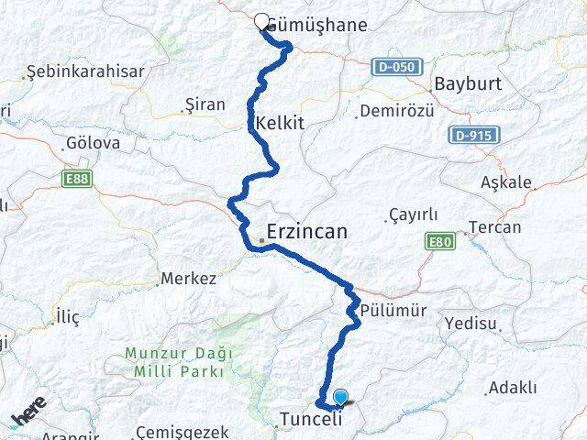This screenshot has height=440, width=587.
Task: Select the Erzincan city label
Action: (x=306, y=232)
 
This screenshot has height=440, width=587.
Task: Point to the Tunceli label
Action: (x=309, y=420)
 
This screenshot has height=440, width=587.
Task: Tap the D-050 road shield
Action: (x=397, y=67)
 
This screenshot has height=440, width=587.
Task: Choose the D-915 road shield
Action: (x=474, y=136)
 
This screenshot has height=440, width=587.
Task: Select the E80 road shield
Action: (x=440, y=242)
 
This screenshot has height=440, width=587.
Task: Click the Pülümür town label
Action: (x=394, y=310)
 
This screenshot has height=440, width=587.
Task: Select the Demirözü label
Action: (x=393, y=112)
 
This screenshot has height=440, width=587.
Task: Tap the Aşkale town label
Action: (x=506, y=182)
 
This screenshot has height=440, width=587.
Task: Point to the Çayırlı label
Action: (x=413, y=214)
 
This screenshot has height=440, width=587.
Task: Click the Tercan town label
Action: (x=494, y=227)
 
